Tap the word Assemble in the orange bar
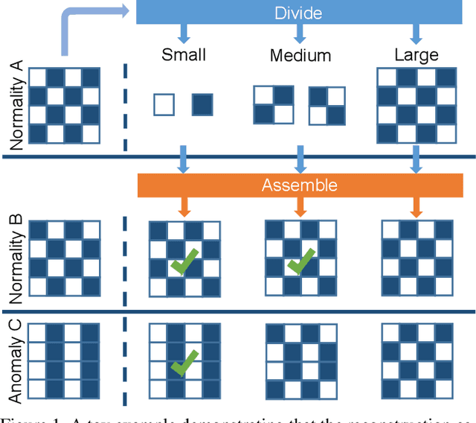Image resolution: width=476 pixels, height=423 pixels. point(300,185)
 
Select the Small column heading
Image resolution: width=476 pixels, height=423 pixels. point(183,55)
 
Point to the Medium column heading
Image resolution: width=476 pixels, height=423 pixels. point(300,55)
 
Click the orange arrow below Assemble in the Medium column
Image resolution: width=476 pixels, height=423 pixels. point(300,206)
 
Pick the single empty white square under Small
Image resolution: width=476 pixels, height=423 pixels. point(164,105)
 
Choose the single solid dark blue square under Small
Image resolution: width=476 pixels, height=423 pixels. point(203,105)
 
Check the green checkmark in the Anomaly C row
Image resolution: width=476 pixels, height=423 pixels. point(183,363)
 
